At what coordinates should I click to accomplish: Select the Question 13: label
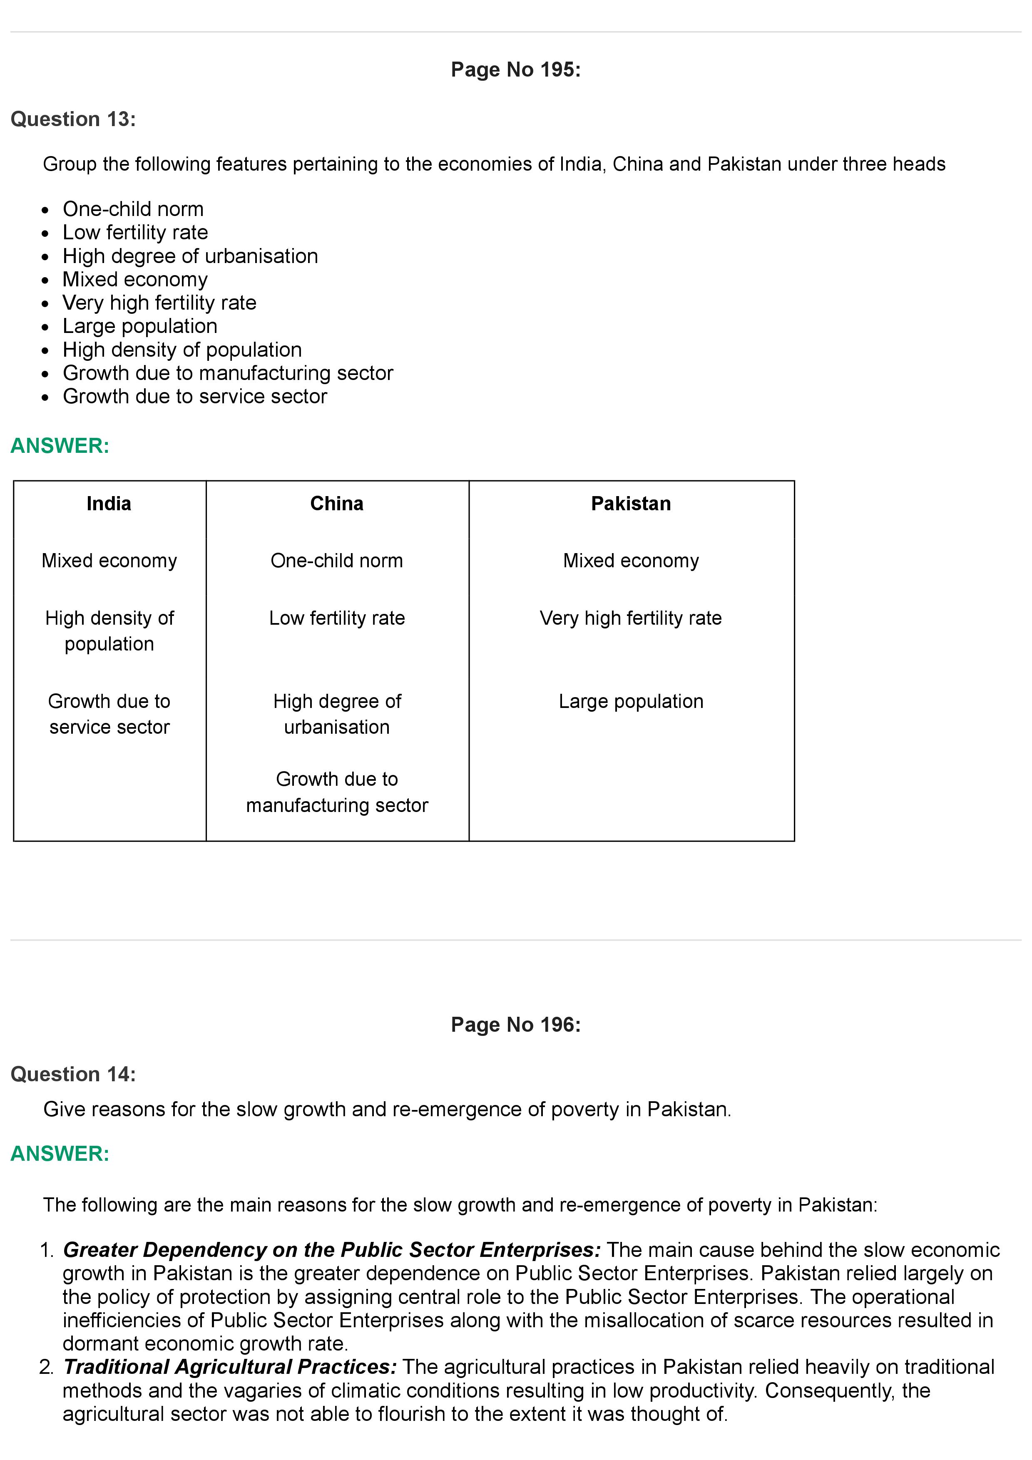[x=73, y=119]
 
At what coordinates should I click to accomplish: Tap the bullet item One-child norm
[x=133, y=209]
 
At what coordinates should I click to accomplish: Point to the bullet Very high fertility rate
[x=159, y=303]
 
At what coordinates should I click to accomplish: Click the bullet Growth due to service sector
[x=194, y=396]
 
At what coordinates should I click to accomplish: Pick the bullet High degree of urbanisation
[x=190, y=256]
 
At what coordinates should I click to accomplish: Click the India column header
[x=109, y=504]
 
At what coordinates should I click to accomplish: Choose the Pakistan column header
[x=631, y=504]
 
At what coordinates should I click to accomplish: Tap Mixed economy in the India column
[x=109, y=561]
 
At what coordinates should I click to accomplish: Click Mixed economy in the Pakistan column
[x=631, y=561]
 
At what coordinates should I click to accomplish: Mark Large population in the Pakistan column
[x=631, y=701]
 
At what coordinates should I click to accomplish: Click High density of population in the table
[x=109, y=631]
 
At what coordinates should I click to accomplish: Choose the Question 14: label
[x=73, y=1075]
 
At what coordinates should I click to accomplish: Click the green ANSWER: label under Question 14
[x=60, y=1154]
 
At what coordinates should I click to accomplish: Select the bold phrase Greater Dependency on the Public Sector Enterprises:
[x=331, y=1250]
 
